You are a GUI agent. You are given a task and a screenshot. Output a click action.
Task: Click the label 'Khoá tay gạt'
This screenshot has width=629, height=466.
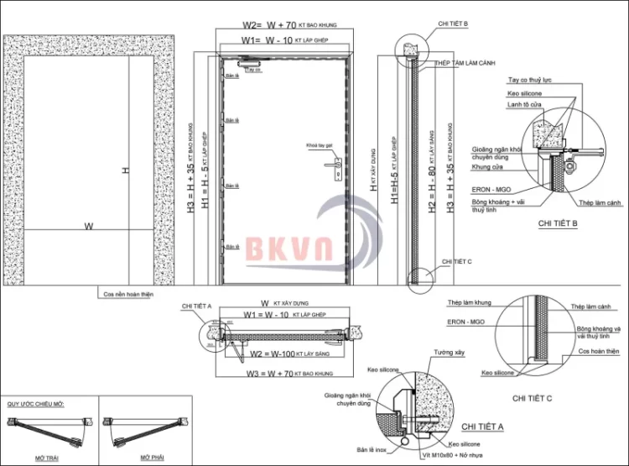click(322, 144)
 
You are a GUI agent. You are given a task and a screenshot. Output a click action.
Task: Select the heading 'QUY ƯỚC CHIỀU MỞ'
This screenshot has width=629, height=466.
click(36, 404)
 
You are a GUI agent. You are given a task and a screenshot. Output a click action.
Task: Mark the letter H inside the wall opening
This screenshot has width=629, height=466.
click(125, 170)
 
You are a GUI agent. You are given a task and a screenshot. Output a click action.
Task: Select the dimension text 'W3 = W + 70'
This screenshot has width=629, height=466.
click(273, 373)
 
